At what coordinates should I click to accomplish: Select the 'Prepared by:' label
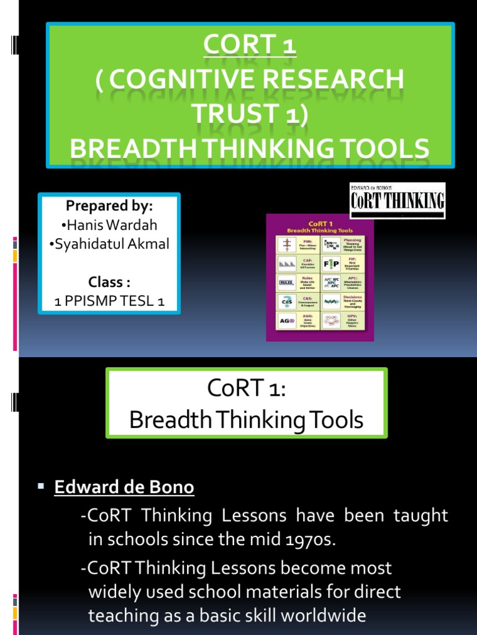[109, 206]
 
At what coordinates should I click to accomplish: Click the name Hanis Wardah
[109, 225]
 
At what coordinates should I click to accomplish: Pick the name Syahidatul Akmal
[109, 244]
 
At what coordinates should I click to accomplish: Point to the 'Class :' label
[109, 282]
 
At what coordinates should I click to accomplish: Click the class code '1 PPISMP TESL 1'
[109, 301]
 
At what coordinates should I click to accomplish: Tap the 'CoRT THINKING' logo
[397, 200]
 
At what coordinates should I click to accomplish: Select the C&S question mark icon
[287, 303]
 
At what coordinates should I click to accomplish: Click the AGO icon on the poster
[287, 321]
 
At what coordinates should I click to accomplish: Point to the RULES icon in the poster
[287, 283]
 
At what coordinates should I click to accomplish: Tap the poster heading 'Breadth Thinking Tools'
[320, 229]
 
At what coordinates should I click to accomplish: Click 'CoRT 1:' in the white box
[246, 393]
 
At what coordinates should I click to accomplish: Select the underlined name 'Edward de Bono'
[124, 487]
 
